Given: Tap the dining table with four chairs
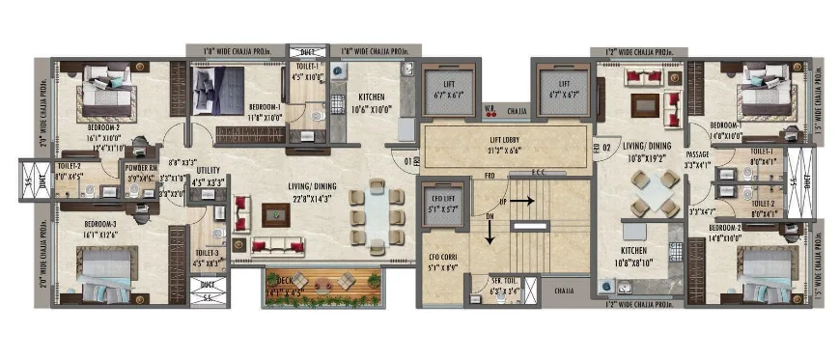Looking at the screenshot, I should (x=655, y=193).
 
